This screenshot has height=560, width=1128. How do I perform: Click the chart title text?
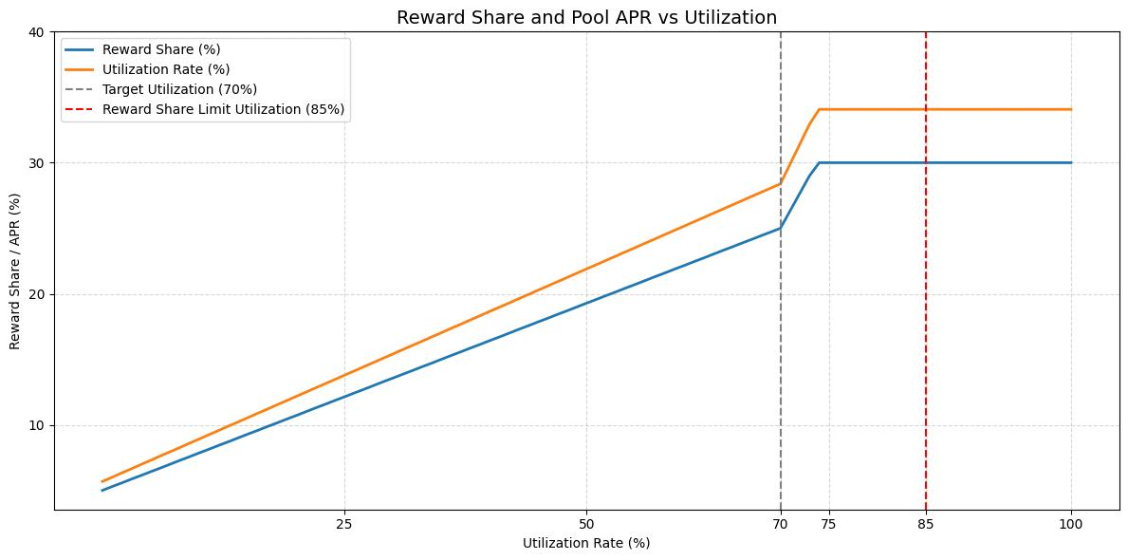point(586,16)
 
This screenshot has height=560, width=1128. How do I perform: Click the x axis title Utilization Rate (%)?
point(586,543)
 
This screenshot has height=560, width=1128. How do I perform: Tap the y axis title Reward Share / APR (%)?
point(15,271)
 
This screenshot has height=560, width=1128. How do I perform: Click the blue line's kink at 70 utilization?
point(780,228)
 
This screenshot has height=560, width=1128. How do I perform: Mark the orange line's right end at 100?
point(1071,109)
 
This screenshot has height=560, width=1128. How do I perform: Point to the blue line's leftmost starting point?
point(102,490)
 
